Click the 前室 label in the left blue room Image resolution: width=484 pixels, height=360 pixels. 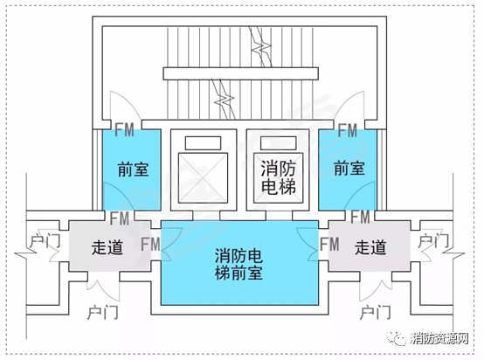(132, 169)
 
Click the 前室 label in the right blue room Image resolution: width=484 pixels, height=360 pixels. (349, 167)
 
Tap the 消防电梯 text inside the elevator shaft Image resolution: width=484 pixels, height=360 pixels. (276, 175)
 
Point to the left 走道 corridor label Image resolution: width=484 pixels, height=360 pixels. (106, 246)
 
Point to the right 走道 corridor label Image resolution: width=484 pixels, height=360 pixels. (370, 247)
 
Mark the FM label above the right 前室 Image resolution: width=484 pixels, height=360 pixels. (347, 132)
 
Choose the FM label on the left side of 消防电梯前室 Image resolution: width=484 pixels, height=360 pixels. (150, 244)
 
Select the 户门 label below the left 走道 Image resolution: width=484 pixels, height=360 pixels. (104, 311)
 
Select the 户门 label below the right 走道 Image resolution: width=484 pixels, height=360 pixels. (377, 311)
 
